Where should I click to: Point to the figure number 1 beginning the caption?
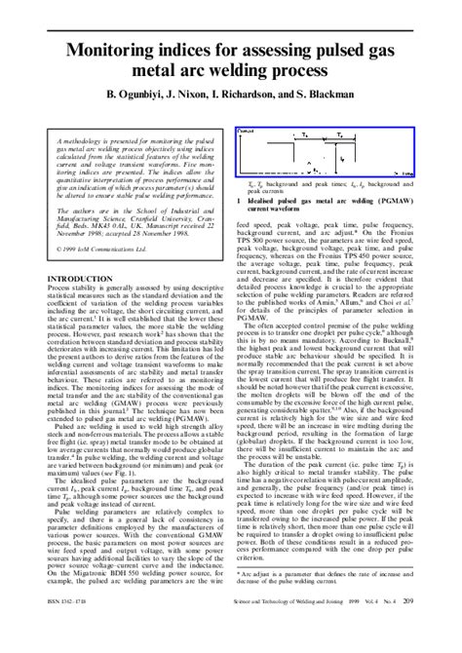click(239, 200)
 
